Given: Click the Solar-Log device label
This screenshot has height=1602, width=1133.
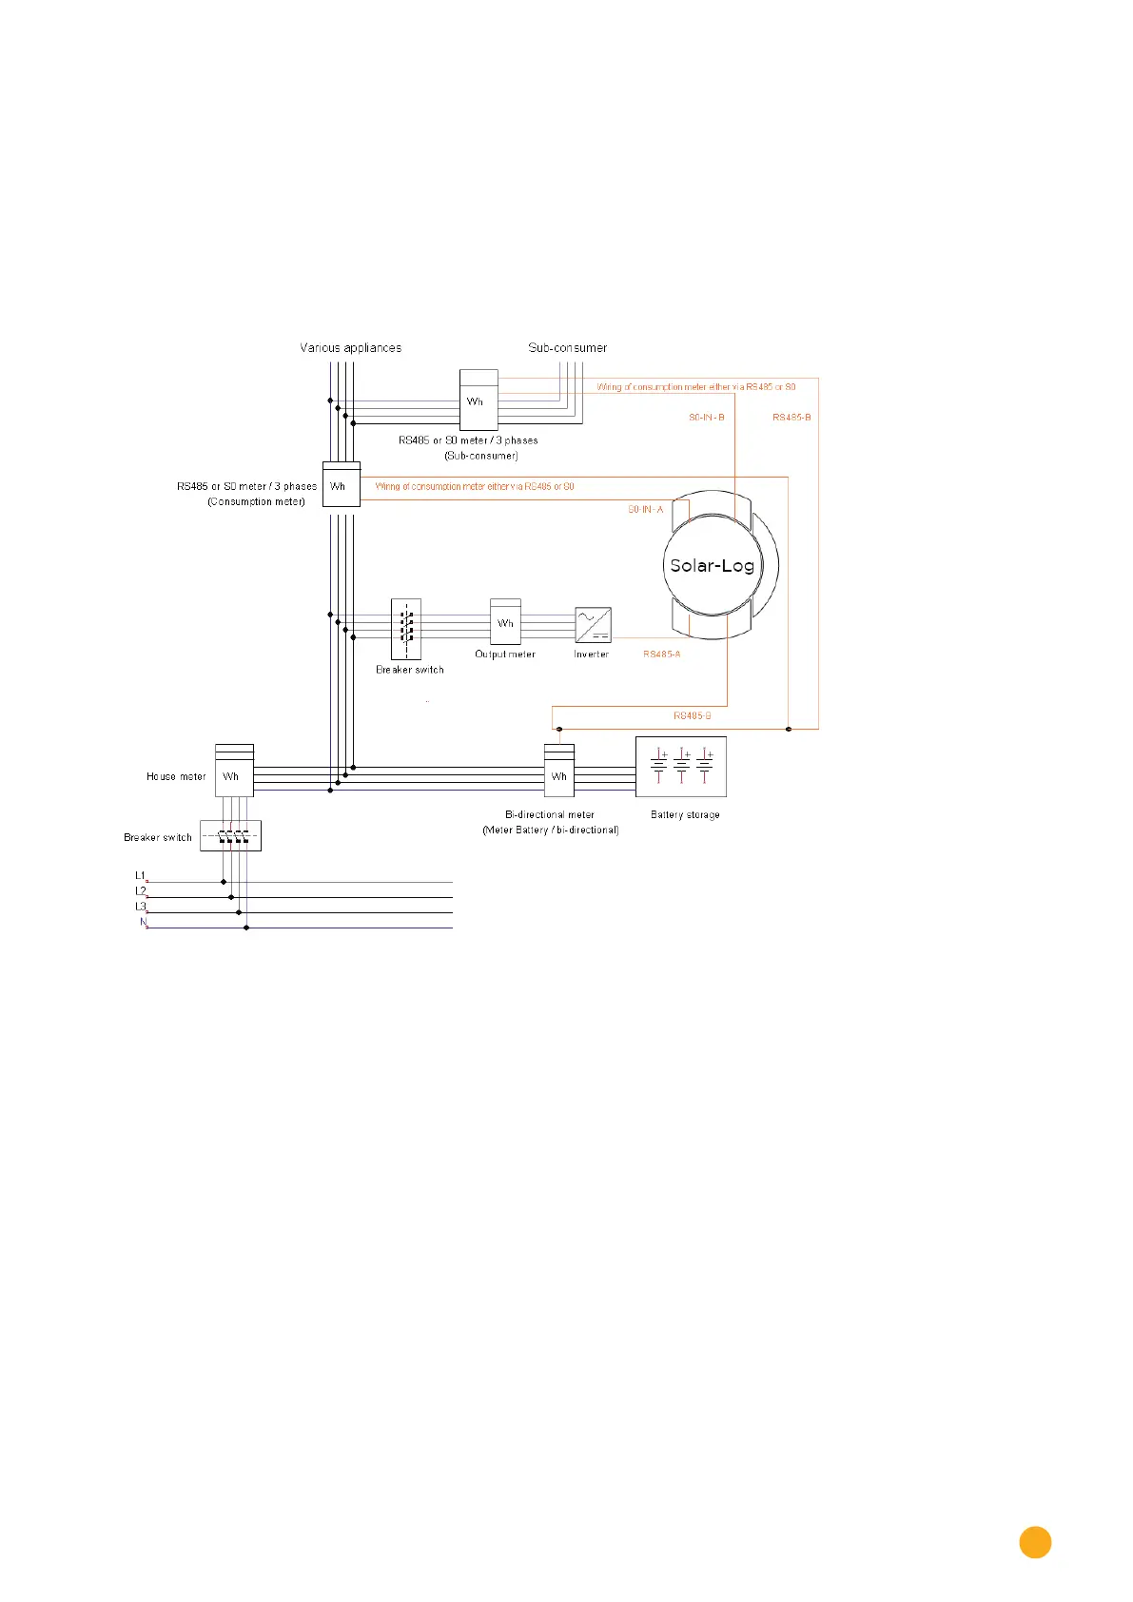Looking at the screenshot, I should tap(712, 565).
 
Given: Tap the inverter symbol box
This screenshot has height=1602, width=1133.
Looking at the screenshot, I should tap(593, 625).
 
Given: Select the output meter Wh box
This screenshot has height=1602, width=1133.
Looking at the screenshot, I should tap(505, 622).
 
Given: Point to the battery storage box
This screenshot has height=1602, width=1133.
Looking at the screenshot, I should tap(680, 766).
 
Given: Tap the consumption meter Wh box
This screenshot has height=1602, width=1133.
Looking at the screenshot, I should tap(341, 484).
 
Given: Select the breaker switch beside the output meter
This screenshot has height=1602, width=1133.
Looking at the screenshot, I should tap(406, 629).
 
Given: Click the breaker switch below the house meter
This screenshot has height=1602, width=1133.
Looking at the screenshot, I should tap(231, 835).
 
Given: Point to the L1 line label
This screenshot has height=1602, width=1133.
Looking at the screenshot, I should tap(140, 875).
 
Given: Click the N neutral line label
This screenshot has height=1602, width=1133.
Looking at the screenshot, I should tap(144, 922).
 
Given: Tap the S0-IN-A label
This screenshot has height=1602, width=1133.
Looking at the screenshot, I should tap(646, 510).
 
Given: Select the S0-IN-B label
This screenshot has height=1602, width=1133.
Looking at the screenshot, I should tap(707, 418).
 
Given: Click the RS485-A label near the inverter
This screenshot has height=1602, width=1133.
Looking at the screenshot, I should tap(662, 654).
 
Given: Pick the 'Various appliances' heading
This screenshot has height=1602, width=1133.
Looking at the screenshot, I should tap(351, 348).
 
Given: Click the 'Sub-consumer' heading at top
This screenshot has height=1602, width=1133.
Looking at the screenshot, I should tap(568, 348).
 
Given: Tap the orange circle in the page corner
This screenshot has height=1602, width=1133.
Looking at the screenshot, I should tap(1035, 1543).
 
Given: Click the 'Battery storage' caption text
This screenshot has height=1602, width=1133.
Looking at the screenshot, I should tap(685, 815).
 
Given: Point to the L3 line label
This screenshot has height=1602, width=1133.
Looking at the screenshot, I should tap(140, 907).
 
